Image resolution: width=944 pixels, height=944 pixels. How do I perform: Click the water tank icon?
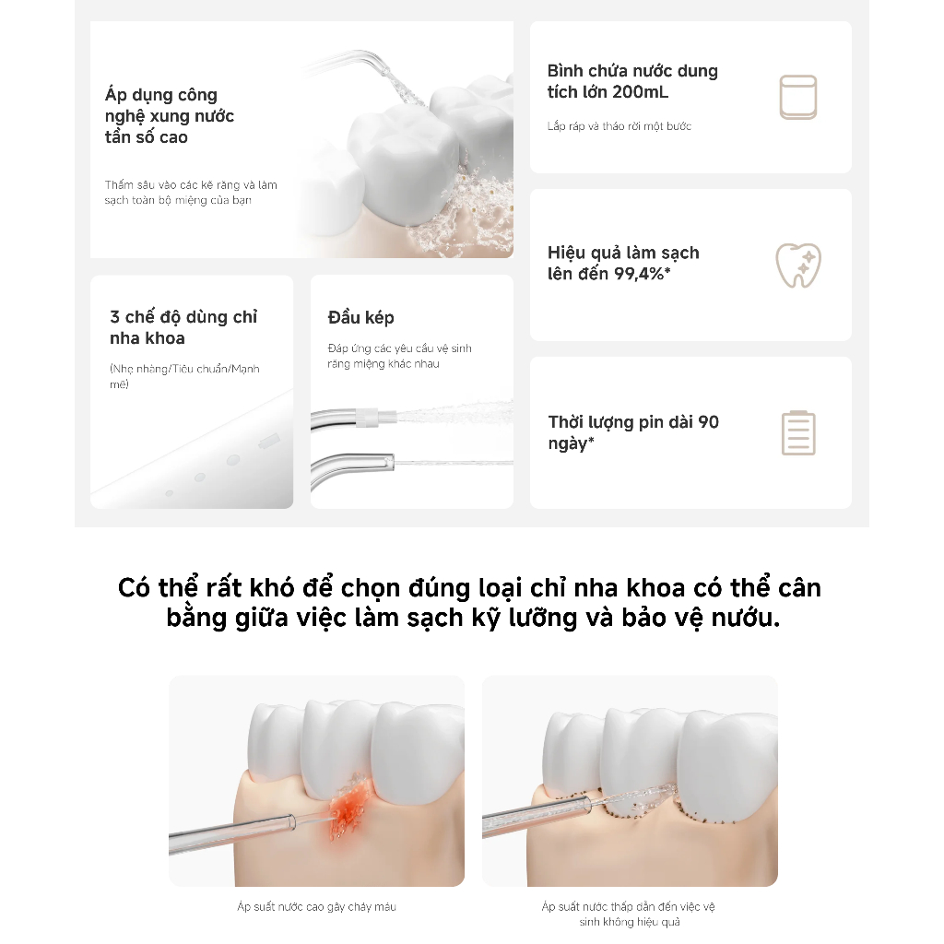[x=798, y=97]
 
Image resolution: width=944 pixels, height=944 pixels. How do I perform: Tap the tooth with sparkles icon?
[x=798, y=265]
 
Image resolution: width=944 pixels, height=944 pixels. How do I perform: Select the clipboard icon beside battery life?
[x=798, y=433]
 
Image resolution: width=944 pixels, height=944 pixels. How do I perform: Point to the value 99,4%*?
[x=642, y=274]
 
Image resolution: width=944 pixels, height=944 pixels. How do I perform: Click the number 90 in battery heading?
[x=709, y=422]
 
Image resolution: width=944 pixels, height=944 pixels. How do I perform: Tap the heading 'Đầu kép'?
[x=360, y=317]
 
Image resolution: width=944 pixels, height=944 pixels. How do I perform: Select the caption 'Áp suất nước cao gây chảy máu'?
[x=317, y=907]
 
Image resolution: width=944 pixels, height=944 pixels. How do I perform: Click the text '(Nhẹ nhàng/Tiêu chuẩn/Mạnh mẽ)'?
[x=184, y=376]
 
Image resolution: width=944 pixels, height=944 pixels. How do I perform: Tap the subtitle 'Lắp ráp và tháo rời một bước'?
[x=619, y=125]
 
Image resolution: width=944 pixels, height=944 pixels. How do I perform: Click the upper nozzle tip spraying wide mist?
[x=386, y=416]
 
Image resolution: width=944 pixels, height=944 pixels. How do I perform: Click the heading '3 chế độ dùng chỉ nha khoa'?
[x=183, y=327]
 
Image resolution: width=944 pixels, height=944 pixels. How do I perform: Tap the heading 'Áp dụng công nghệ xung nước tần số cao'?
[x=170, y=115]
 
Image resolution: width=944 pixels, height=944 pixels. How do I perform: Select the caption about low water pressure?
[x=629, y=914]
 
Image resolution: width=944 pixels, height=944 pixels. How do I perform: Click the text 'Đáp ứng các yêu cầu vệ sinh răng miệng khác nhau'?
[x=399, y=356]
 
